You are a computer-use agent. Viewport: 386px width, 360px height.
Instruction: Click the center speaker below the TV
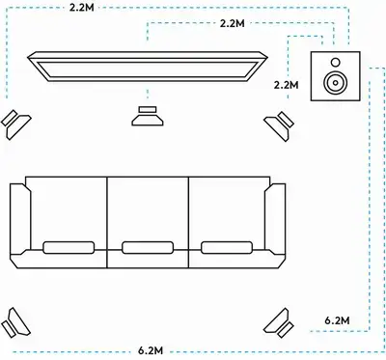(148, 116)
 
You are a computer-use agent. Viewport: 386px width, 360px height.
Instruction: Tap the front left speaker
(16, 125)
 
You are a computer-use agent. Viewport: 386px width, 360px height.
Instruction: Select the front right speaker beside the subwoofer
(279, 125)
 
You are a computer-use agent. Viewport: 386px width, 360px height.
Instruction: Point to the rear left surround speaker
(15, 322)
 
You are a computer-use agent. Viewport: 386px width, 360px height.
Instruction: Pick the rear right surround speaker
(279, 322)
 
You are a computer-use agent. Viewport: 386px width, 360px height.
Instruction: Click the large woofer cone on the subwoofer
(335, 82)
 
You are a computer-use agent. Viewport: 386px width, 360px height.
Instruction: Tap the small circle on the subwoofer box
(335, 62)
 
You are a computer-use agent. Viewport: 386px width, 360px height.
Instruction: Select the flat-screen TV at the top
(148, 67)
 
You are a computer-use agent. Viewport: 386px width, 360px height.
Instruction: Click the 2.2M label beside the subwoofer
(286, 85)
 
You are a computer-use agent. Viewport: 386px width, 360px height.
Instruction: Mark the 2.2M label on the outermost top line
(82, 8)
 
